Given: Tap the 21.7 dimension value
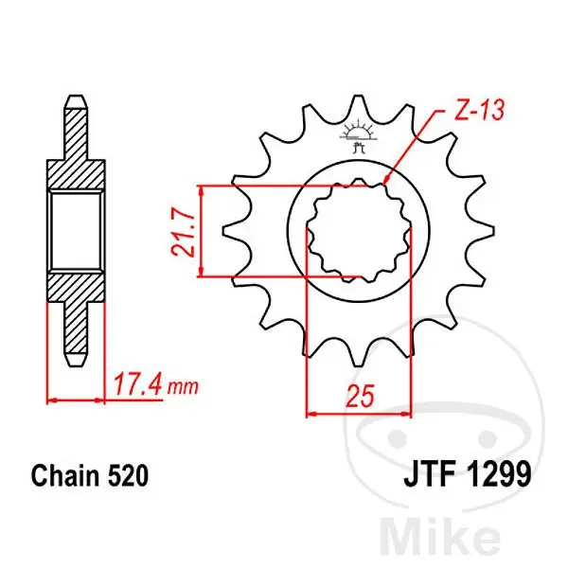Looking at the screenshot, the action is click(x=184, y=234).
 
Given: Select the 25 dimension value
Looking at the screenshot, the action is click(x=360, y=396).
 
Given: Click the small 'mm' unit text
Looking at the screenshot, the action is click(x=183, y=388).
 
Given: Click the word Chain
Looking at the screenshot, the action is click(x=64, y=475).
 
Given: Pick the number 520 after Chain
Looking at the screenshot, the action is click(x=128, y=475).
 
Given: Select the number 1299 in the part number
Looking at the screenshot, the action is click(x=499, y=473).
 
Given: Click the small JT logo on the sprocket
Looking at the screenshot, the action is click(x=358, y=136).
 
